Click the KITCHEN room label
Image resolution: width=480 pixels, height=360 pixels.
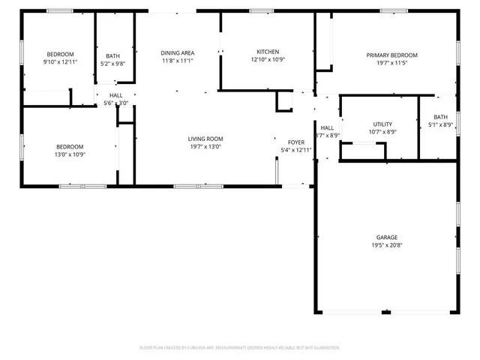(x=268, y=52)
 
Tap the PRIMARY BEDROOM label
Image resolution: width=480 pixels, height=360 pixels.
(x=391, y=55)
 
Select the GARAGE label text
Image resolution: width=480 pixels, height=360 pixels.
(x=387, y=237)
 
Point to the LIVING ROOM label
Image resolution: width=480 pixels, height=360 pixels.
(x=205, y=139)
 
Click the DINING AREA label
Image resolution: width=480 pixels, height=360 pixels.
(x=178, y=52)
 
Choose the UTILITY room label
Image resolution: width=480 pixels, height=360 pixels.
(x=382, y=124)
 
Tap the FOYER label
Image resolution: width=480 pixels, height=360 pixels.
(x=295, y=142)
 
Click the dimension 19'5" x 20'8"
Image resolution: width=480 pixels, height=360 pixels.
(x=387, y=245)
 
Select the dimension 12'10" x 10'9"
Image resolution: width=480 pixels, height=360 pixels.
(x=268, y=60)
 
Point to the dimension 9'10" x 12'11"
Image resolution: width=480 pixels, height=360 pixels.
(x=60, y=63)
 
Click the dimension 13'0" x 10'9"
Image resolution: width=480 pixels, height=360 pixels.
(x=70, y=154)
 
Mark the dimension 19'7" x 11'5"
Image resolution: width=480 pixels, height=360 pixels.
(x=391, y=64)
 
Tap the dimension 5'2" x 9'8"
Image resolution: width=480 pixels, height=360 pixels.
(x=112, y=64)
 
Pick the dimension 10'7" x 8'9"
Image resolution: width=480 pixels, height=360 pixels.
(x=382, y=132)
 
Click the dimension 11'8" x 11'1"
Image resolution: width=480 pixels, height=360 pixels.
(x=178, y=61)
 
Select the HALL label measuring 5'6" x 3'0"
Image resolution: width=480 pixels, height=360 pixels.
(x=116, y=95)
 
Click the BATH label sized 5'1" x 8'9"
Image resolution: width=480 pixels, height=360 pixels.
(x=440, y=117)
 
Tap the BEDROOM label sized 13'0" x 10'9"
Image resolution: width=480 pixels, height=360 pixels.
(x=70, y=146)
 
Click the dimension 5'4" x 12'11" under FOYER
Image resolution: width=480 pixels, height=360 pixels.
(x=295, y=150)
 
